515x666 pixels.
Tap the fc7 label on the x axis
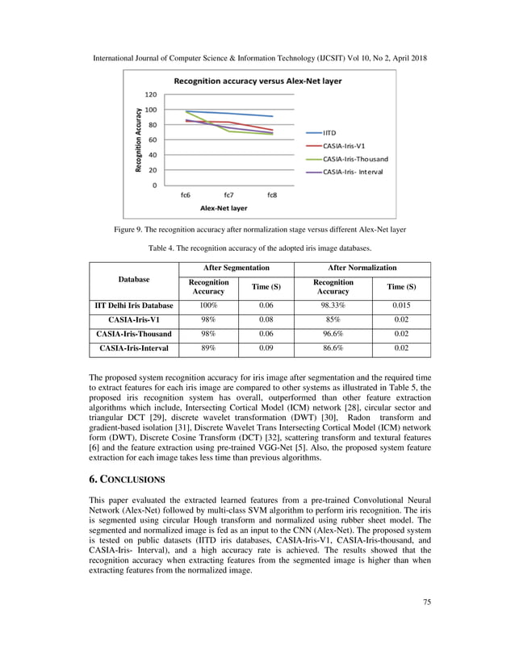click(229, 194)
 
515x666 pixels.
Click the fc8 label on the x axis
click(272, 194)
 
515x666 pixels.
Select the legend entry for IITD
click(330, 132)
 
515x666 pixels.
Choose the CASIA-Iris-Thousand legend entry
click(355, 159)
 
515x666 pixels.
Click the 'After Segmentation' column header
click(236, 267)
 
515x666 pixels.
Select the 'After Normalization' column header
click(362, 267)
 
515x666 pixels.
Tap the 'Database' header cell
click(134, 279)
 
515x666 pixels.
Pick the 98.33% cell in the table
click(333, 306)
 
